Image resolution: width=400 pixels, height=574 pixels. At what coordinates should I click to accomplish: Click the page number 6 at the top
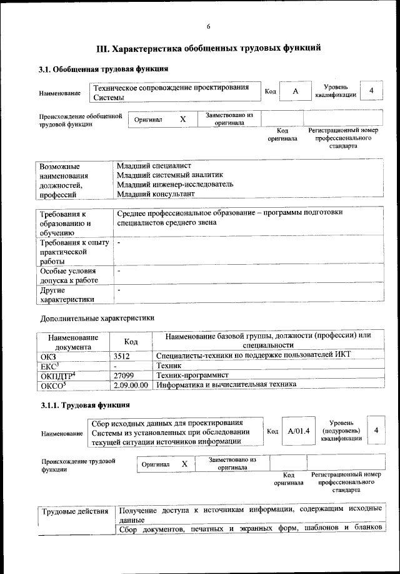pyautogui.click(x=209, y=26)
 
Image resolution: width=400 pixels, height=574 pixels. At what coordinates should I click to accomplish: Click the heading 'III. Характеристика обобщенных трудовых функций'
pyautogui.click(x=209, y=48)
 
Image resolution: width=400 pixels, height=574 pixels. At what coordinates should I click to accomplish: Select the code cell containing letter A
pyautogui.click(x=296, y=91)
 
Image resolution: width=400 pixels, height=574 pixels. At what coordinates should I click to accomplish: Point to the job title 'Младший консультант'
pyautogui.click(x=155, y=194)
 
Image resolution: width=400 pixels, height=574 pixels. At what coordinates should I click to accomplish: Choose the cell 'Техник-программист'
pyautogui.click(x=192, y=375)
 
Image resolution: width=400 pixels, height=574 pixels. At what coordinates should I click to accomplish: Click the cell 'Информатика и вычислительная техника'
pyautogui.click(x=226, y=385)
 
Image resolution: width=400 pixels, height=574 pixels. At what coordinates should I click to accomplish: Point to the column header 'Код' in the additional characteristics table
pyautogui.click(x=131, y=342)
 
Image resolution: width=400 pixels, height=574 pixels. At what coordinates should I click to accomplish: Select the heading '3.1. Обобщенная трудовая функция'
pyautogui.click(x=103, y=69)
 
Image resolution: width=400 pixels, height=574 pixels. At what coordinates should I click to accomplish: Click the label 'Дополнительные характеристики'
pyautogui.click(x=96, y=318)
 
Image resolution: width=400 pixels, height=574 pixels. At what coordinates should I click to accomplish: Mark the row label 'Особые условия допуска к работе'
pyautogui.click(x=69, y=275)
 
